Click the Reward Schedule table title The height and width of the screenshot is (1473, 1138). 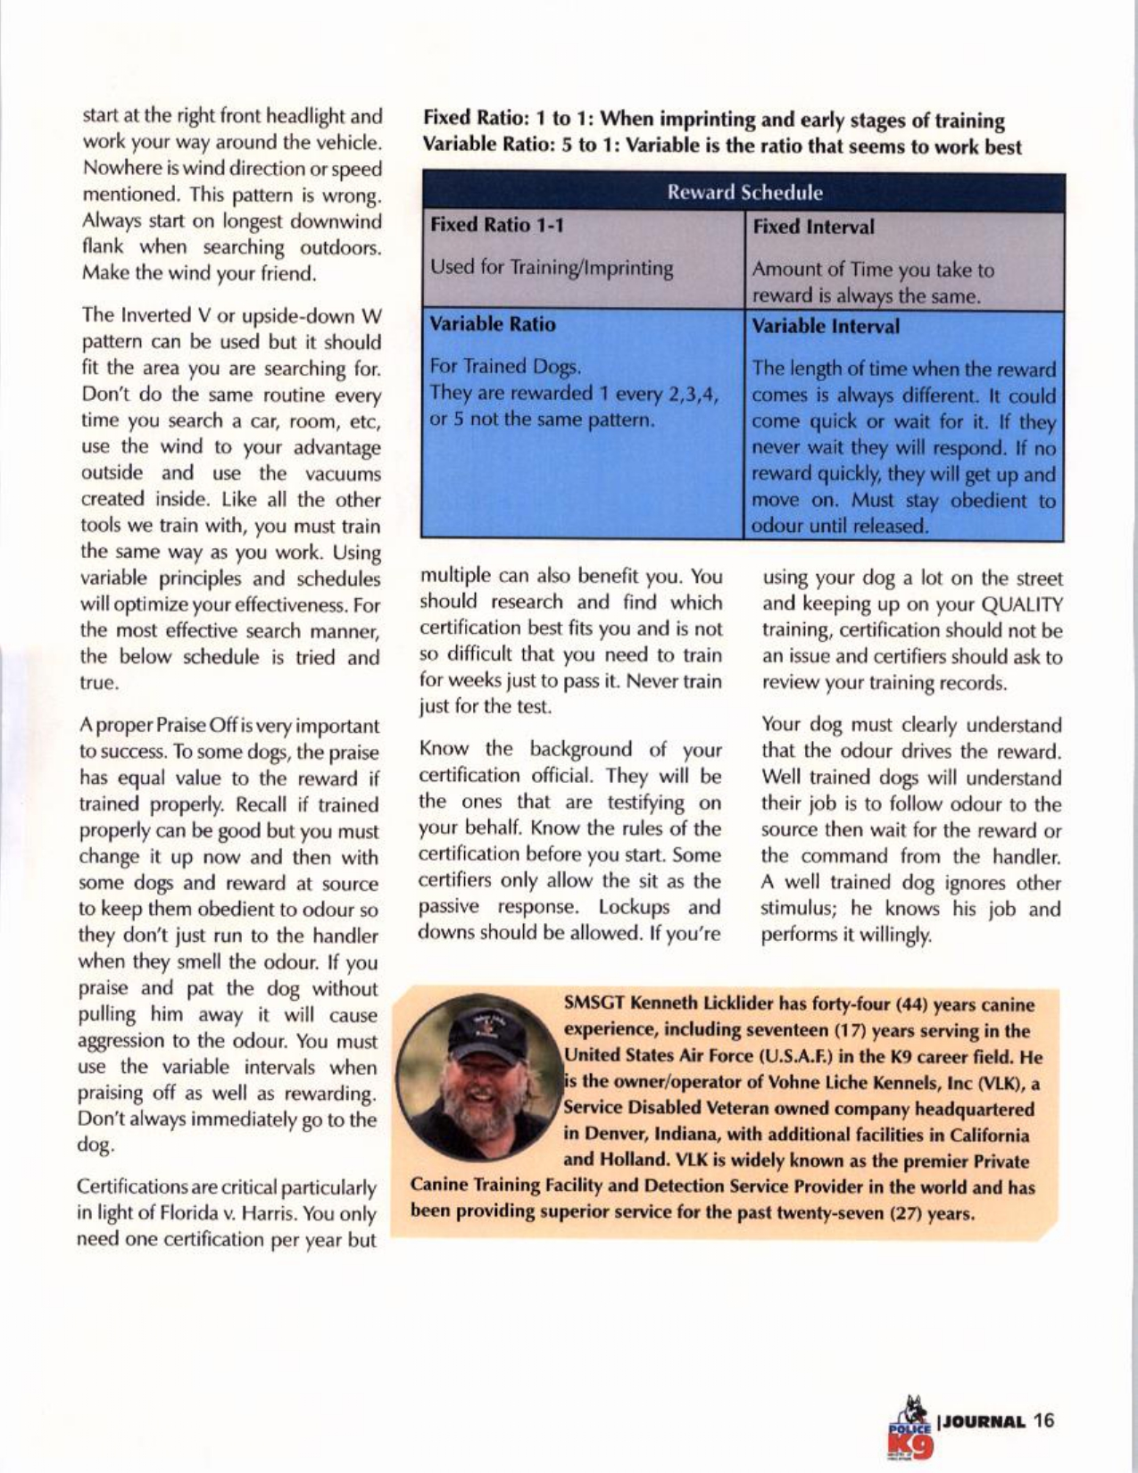click(743, 192)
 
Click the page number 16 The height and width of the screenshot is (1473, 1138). click(1044, 1421)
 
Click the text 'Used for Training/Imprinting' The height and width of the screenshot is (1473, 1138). click(552, 268)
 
